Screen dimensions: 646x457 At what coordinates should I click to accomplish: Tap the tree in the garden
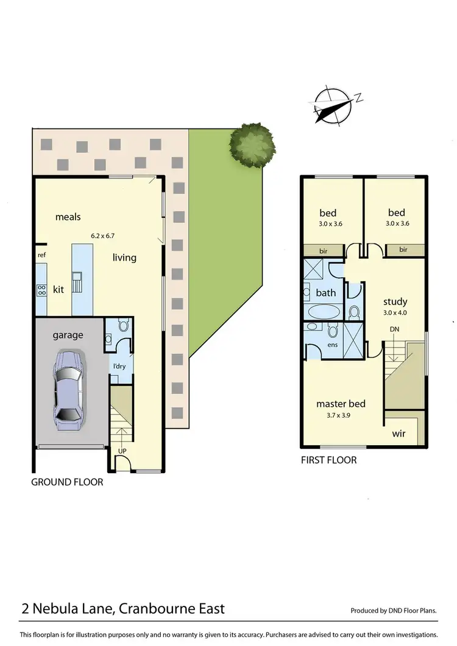pyautogui.click(x=252, y=145)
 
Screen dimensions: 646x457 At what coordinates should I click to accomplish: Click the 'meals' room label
pyautogui.click(x=68, y=217)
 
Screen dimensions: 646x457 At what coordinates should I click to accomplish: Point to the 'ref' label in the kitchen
pyautogui.click(x=42, y=255)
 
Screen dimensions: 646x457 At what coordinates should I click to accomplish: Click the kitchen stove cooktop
pyautogui.click(x=42, y=290)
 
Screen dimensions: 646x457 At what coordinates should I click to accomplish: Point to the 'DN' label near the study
pyautogui.click(x=395, y=329)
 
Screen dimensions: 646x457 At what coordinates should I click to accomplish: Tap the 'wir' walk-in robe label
pyautogui.click(x=399, y=435)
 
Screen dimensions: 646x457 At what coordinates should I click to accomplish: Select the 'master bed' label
pyautogui.click(x=341, y=404)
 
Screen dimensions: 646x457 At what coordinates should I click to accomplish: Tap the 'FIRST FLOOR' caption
pyautogui.click(x=328, y=460)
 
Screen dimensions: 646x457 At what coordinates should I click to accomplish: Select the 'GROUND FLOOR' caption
pyautogui.click(x=67, y=482)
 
